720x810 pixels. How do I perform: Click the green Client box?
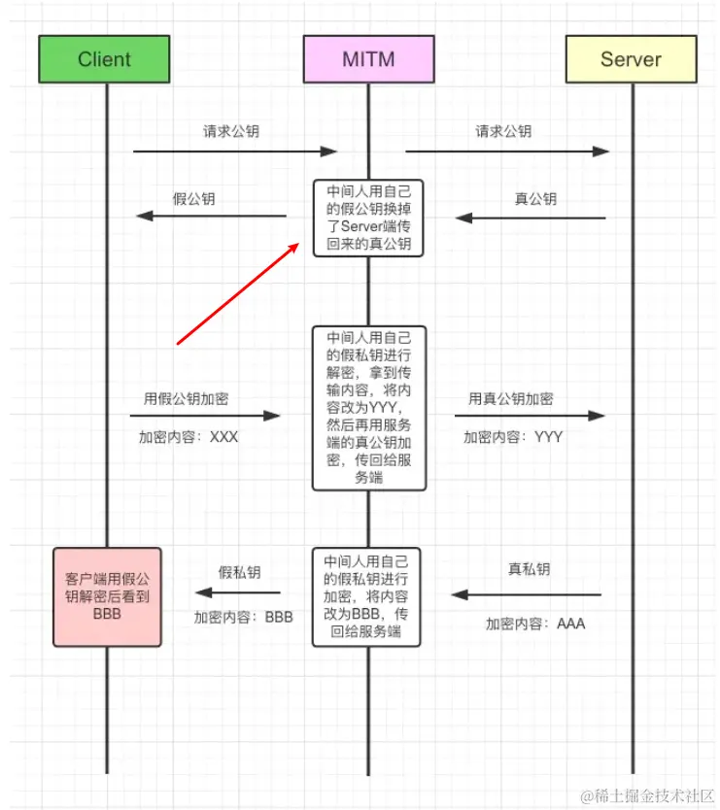(104, 58)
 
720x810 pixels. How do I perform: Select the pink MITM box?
(368, 58)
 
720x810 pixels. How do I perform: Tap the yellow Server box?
(631, 58)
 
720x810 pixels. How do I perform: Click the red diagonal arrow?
(238, 294)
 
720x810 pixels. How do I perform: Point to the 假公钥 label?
(193, 199)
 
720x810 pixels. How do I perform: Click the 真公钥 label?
(535, 199)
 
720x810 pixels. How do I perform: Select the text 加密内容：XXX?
(189, 437)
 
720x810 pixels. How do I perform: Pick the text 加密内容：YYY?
(513, 437)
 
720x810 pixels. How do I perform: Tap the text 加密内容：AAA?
(535, 624)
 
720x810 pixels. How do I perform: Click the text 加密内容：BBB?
(243, 616)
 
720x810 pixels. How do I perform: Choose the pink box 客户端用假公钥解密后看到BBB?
(107, 596)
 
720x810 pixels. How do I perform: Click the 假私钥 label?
(239, 573)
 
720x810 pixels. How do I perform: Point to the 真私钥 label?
(529, 569)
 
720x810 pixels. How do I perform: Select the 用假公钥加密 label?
(187, 398)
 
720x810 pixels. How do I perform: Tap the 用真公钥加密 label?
(511, 398)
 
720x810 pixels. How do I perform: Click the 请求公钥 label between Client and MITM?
(231, 131)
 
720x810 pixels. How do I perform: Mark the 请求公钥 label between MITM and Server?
(503, 131)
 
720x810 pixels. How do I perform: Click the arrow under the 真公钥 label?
(531, 218)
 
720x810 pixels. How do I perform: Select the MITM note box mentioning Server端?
(368, 217)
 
